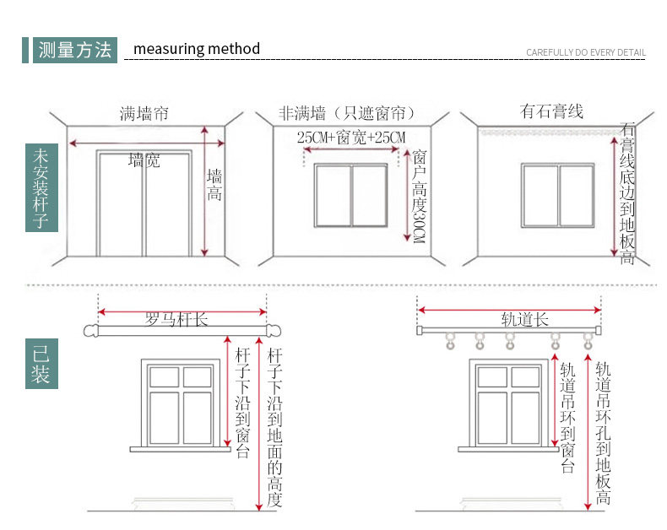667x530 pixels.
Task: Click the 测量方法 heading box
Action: pos(73,50)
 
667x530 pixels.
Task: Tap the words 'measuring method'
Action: pos(197,49)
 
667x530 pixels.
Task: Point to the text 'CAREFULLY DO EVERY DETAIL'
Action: pos(585,52)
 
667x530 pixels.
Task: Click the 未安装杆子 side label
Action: pos(41,190)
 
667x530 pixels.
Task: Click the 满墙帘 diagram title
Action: pos(144,113)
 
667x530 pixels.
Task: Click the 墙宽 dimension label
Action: pos(144,160)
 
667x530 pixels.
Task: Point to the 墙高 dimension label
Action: pos(215,185)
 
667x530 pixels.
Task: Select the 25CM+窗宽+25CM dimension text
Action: pos(350,137)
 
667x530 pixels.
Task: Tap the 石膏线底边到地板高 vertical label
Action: pos(627,193)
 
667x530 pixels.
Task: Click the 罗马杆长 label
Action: pos(176,319)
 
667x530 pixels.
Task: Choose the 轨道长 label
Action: pos(524,319)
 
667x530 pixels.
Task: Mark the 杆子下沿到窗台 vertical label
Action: pos(242,402)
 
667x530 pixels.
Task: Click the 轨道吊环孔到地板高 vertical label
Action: pos(603,434)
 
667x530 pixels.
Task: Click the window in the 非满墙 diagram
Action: pos(350,195)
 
